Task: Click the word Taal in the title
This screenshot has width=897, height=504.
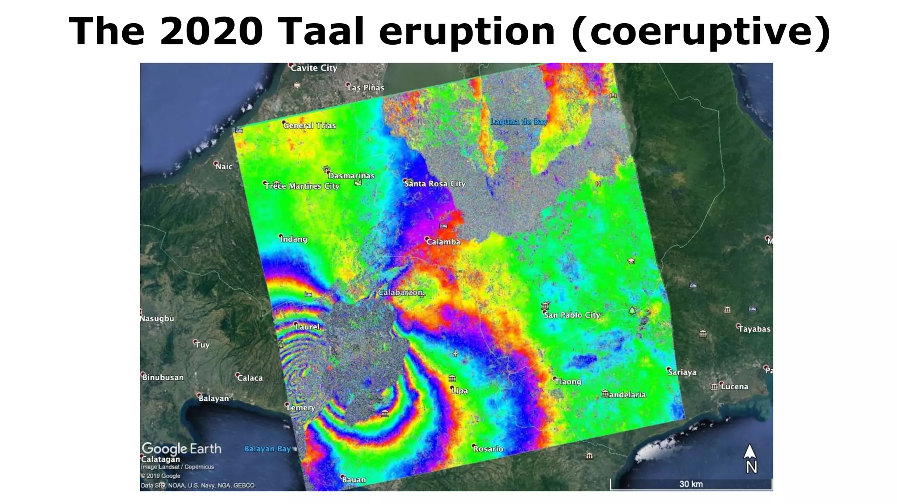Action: (x=321, y=31)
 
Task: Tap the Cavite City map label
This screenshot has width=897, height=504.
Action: (x=314, y=68)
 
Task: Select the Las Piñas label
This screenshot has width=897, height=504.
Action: (x=366, y=87)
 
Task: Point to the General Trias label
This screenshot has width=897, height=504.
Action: (x=310, y=126)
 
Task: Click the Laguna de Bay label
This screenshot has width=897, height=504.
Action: (x=519, y=122)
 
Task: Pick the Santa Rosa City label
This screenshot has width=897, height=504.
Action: (x=434, y=184)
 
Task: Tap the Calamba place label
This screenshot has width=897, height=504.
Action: (x=443, y=242)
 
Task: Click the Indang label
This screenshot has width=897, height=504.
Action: (x=294, y=239)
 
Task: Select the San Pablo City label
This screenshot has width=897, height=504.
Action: (x=572, y=315)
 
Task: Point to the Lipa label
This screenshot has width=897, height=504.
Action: (x=459, y=391)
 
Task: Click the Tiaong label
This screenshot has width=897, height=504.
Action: (x=568, y=382)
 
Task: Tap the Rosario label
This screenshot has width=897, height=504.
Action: (x=488, y=449)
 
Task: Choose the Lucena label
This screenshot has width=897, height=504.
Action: (x=734, y=387)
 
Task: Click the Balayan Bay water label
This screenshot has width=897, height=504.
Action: (x=267, y=449)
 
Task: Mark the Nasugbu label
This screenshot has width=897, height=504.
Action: (x=157, y=318)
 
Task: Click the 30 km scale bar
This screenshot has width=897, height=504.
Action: (x=691, y=484)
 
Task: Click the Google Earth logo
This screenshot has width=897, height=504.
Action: (x=181, y=449)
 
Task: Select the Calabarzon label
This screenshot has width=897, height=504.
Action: (x=400, y=293)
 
